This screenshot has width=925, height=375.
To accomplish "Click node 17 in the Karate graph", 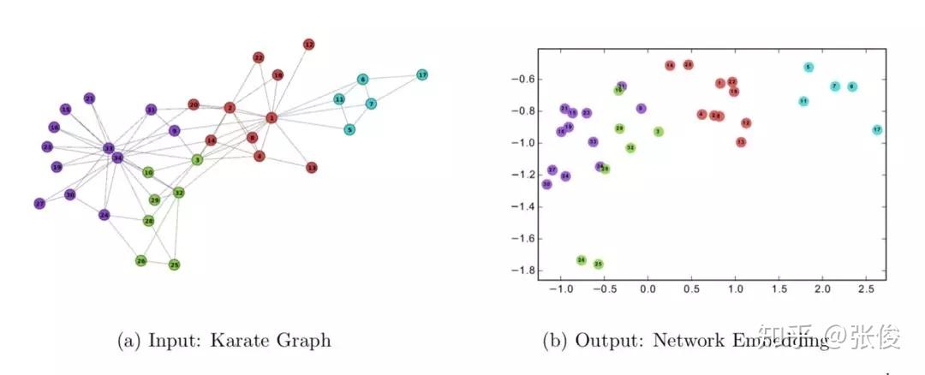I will (x=421, y=75).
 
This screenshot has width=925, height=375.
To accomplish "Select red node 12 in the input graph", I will (x=308, y=44).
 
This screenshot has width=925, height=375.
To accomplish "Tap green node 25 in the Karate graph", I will (x=174, y=265).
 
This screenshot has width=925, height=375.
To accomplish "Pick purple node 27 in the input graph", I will (x=39, y=204).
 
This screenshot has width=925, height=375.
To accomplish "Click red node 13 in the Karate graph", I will (x=312, y=168).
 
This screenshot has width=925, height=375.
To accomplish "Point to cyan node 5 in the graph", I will (x=349, y=130).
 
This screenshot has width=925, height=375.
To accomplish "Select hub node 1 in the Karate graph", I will (x=272, y=117).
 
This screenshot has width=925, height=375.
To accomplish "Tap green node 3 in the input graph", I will (x=197, y=159).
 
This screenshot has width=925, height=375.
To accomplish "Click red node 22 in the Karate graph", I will (x=258, y=57).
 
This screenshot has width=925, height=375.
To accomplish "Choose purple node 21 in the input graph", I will (x=89, y=98).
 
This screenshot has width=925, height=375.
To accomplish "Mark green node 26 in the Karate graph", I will (x=140, y=260).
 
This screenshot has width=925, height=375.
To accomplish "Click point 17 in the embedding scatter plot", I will (x=877, y=130).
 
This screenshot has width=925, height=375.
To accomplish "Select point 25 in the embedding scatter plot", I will (x=599, y=265).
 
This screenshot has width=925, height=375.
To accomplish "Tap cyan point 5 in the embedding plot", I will (x=809, y=67).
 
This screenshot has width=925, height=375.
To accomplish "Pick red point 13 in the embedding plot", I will (x=741, y=142).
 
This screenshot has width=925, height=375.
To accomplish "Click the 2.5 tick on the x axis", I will (x=866, y=290).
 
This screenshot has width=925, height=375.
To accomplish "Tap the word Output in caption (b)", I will (x=606, y=341).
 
